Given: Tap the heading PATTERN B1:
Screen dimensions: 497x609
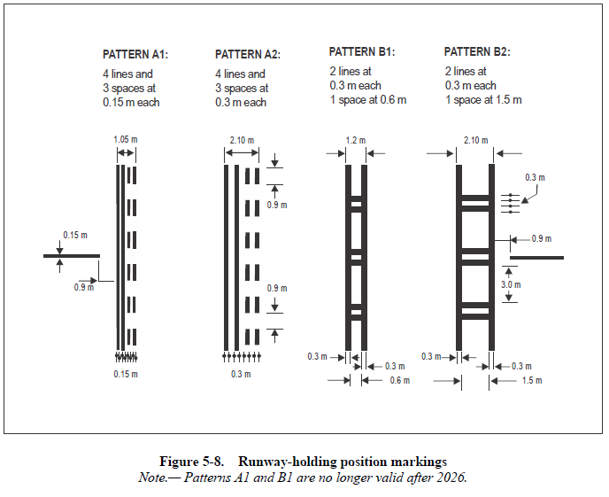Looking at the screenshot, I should click(361, 51).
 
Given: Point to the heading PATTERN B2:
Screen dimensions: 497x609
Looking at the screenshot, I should click(476, 51).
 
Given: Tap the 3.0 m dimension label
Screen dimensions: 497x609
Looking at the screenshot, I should click(511, 285).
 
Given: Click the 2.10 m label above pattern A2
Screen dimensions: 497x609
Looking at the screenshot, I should click(241, 139).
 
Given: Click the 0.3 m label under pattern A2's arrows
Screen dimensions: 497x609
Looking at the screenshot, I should click(241, 375).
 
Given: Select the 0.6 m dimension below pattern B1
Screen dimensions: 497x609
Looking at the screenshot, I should click(397, 381).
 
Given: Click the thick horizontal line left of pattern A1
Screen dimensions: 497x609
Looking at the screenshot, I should click(71, 256).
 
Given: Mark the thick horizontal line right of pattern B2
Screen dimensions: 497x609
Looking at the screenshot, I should click(536, 257).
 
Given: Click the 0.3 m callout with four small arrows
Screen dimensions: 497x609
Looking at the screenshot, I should click(535, 178).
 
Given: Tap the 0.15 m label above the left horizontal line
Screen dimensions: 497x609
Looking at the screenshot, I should click(75, 235).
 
